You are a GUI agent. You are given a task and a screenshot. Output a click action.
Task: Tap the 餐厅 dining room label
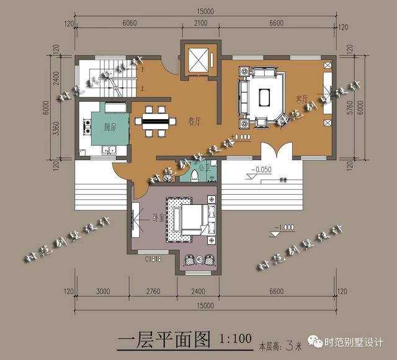pyautogui.click(x=194, y=121)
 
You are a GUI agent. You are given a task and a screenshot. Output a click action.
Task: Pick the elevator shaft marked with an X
pyautogui.click(x=199, y=61)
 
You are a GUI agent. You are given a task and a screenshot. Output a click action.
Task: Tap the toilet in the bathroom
pyautogui.click(x=197, y=174)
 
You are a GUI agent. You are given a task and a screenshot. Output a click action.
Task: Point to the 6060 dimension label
pyautogui.click(x=129, y=24)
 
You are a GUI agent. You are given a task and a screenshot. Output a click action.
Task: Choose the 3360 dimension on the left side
pyautogui.click(x=56, y=127)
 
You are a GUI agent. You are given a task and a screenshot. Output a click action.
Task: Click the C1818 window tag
pyautogui.click(x=154, y=259)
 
